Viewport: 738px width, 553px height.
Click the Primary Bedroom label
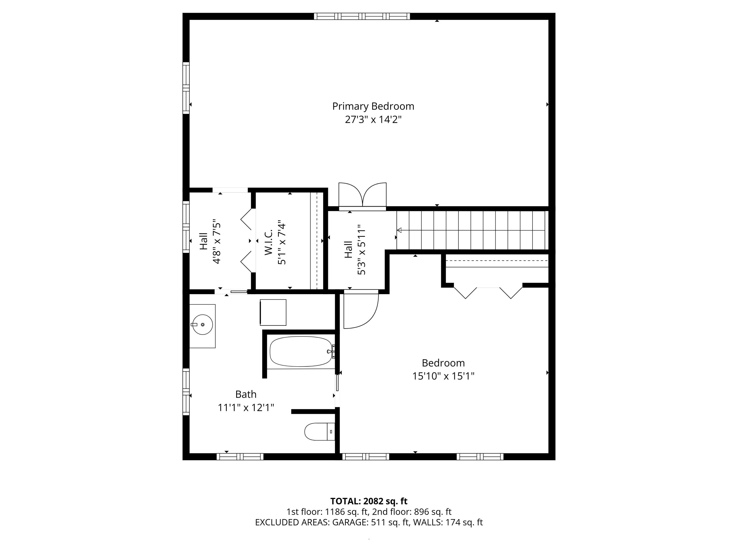tap(373, 106)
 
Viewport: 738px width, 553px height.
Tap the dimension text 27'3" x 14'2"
tap(373, 120)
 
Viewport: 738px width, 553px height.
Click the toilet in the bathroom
tap(319, 432)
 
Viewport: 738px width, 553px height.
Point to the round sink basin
tap(202, 324)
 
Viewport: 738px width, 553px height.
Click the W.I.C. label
tap(269, 242)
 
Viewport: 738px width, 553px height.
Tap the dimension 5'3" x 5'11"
tap(362, 252)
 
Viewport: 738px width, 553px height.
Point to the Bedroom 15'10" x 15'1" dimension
tap(443, 376)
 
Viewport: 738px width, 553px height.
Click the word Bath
tap(246, 394)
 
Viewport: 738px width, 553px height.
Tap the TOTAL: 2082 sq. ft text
tap(369, 501)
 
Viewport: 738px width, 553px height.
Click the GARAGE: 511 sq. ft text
tap(370, 522)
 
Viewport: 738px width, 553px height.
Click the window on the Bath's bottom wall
tap(240, 457)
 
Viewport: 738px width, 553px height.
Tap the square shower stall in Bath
tap(273, 312)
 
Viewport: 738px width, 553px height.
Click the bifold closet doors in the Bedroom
tap(488, 292)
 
